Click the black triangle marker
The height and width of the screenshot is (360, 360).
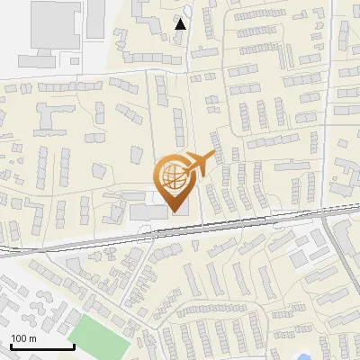181,24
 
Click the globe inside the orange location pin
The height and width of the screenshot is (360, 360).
173,177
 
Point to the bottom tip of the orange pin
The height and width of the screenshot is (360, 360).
175,211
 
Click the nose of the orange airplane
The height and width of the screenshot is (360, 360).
214,156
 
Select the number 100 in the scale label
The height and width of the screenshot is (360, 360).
19,338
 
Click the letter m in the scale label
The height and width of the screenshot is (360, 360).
33,338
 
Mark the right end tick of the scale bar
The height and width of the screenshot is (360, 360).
73,346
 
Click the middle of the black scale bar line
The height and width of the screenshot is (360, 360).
41,347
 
